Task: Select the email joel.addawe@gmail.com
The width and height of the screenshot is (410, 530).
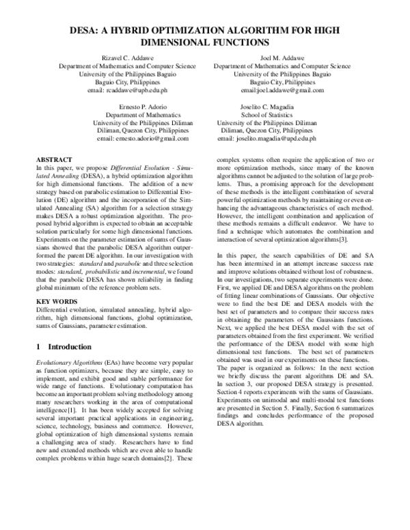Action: coord(290,90)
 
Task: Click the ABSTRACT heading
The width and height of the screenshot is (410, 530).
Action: coord(54,158)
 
